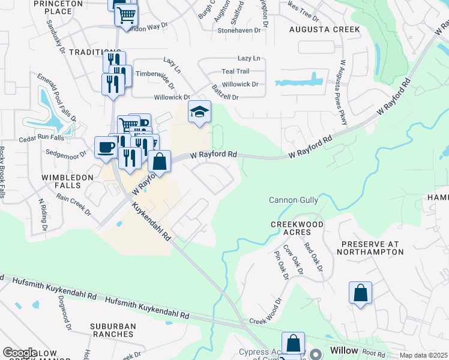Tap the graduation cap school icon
[x=199, y=112]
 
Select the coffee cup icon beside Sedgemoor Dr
[x=106, y=147]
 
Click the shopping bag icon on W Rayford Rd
[x=159, y=161]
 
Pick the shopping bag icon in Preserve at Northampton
[x=360, y=293]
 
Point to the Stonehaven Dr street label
[x=240, y=29]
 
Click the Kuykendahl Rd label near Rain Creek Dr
[x=151, y=221]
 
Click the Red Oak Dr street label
[x=312, y=256]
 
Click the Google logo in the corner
[x=20, y=353]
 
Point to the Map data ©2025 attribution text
[x=423, y=355]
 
